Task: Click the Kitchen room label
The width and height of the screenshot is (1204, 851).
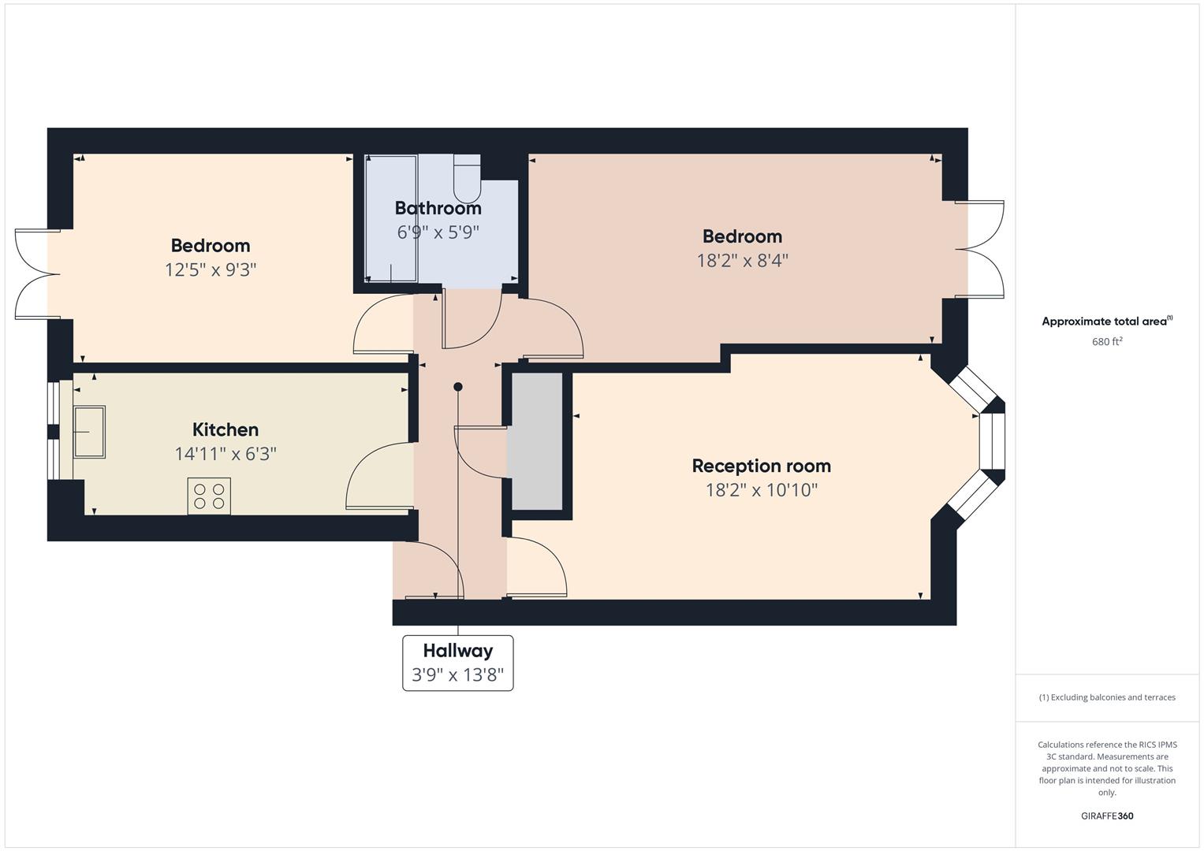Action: (x=226, y=429)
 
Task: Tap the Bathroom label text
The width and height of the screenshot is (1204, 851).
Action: (x=438, y=208)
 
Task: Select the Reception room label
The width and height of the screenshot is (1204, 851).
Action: (x=761, y=466)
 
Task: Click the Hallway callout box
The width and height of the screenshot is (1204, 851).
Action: (x=458, y=663)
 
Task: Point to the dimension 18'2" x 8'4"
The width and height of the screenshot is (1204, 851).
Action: (x=742, y=261)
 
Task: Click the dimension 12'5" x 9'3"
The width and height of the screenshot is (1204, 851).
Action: (x=211, y=269)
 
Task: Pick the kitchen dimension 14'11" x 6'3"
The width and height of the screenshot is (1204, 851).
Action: (x=226, y=454)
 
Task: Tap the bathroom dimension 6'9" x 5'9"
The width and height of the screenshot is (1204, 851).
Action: (x=438, y=232)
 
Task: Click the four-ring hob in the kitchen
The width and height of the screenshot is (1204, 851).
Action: (x=209, y=496)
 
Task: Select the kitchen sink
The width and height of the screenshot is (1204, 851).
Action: (x=89, y=432)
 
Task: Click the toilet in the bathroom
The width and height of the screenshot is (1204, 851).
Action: (x=467, y=178)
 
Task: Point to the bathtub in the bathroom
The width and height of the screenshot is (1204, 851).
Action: (x=391, y=219)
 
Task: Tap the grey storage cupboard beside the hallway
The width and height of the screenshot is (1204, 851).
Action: (x=537, y=441)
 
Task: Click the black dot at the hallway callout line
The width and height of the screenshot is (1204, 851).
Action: (x=458, y=387)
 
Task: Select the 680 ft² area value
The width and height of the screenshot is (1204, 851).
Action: (x=1107, y=342)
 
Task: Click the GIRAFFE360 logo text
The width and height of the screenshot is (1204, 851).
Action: (x=1107, y=816)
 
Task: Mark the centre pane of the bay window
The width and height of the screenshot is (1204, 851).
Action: (x=992, y=441)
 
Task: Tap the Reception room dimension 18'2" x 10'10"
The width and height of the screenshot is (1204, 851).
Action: (x=761, y=490)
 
